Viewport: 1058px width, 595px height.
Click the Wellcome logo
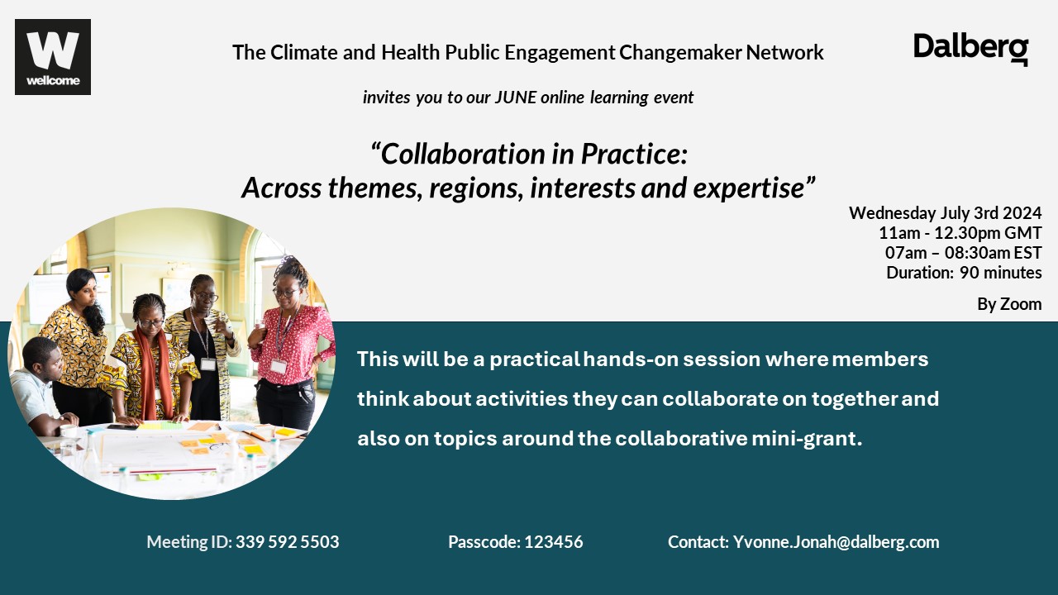pyautogui.click(x=53, y=57)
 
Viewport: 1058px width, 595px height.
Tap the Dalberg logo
pyautogui.click(x=970, y=49)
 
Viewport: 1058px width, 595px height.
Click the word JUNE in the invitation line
pyautogui.click(x=515, y=98)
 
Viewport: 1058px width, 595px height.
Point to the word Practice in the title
pyautogui.click(x=634, y=154)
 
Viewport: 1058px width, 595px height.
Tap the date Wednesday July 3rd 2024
pyautogui.click(x=945, y=213)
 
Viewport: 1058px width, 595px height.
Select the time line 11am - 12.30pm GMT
pyautogui.click(x=960, y=233)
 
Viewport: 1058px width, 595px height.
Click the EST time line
pyautogui.click(x=963, y=253)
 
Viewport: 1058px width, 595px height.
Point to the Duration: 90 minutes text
pyautogui.click(x=964, y=273)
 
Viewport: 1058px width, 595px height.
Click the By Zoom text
pyautogui.click(x=1009, y=304)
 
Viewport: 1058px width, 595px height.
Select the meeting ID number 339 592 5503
pyautogui.click(x=287, y=541)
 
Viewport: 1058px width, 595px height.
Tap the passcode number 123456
pyautogui.click(x=554, y=541)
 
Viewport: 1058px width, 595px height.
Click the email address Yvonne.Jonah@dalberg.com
pyautogui.click(x=836, y=542)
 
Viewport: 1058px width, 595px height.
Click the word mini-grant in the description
pyautogui.click(x=806, y=439)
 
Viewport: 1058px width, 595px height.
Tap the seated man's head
pyautogui.click(x=42, y=359)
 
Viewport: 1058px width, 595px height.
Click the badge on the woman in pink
pyautogui.click(x=279, y=366)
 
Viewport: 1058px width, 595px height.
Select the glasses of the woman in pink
pyautogui.click(x=285, y=293)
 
